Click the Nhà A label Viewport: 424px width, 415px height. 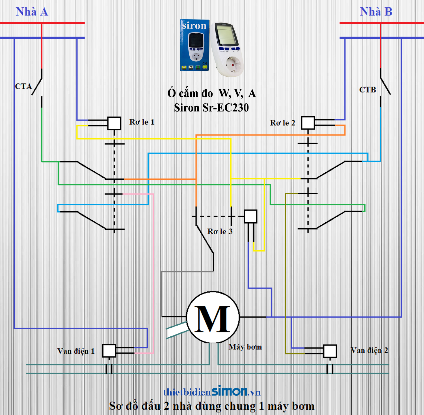click(x=32, y=12)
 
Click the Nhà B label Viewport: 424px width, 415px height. click(x=376, y=12)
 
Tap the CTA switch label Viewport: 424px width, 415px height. click(x=23, y=86)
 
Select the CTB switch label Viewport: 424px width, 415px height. click(x=367, y=90)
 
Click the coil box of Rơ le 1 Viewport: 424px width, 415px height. click(x=114, y=123)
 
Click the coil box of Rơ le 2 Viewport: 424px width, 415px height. click(x=308, y=123)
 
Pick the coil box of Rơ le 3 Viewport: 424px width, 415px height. click(x=250, y=216)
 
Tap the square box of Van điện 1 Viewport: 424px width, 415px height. click(x=109, y=351)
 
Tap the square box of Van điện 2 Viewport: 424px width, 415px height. click(x=330, y=351)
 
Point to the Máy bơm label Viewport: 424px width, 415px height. click(x=245, y=347)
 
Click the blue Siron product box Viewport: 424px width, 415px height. click(x=195, y=45)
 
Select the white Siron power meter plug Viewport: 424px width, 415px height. click(x=227, y=49)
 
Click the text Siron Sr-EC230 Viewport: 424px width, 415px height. click(x=211, y=108)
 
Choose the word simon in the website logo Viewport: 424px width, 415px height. click(x=230, y=391)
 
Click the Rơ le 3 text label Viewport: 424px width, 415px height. click(x=220, y=231)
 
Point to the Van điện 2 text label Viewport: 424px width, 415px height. click(x=369, y=351)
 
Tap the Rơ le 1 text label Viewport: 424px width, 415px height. click(x=142, y=122)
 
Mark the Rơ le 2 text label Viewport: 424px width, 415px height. click(x=282, y=123)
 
